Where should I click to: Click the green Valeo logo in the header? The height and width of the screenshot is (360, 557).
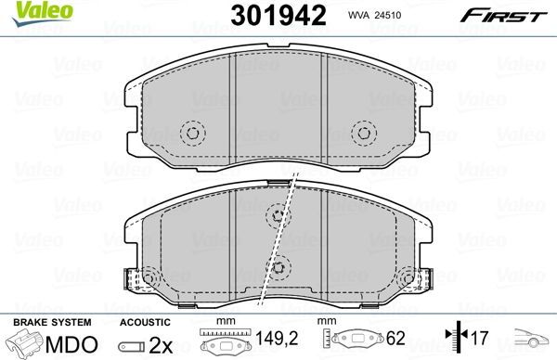32,15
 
